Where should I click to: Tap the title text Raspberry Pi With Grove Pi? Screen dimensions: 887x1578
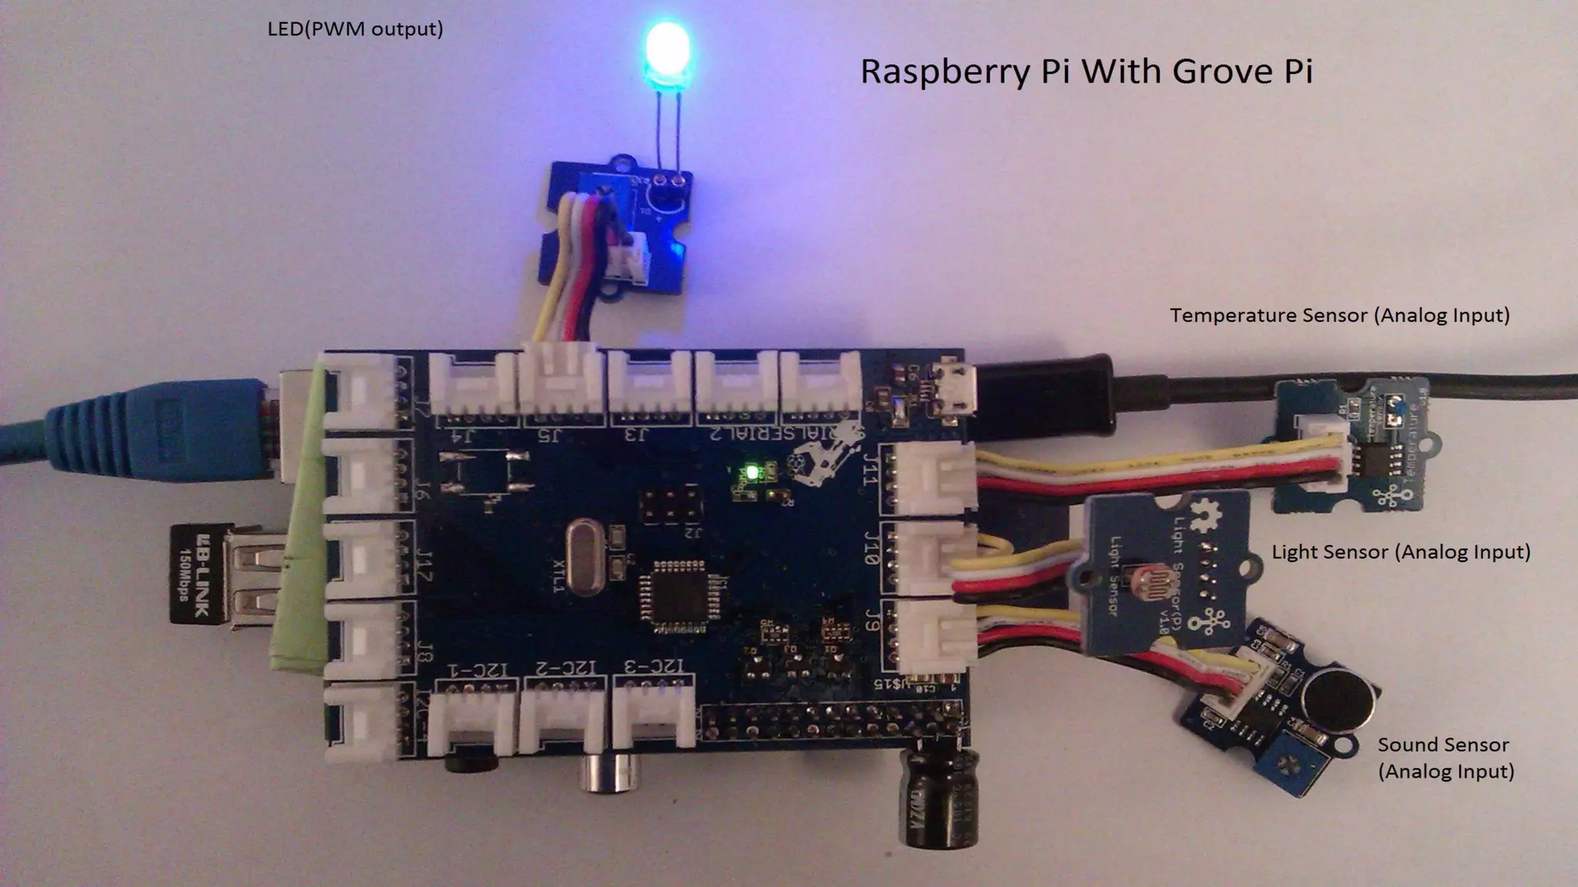pyautogui.click(x=1086, y=71)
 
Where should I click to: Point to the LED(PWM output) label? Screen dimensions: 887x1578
pyautogui.click(x=355, y=29)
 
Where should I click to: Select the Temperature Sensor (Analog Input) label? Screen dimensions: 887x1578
pyautogui.click(x=1339, y=315)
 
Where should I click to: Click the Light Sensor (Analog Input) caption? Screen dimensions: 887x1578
pyautogui.click(x=1400, y=551)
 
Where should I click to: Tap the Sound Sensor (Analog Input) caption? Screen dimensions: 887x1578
pyautogui.click(x=1445, y=758)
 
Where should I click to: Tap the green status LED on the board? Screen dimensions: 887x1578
pyautogui.click(x=751, y=470)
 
